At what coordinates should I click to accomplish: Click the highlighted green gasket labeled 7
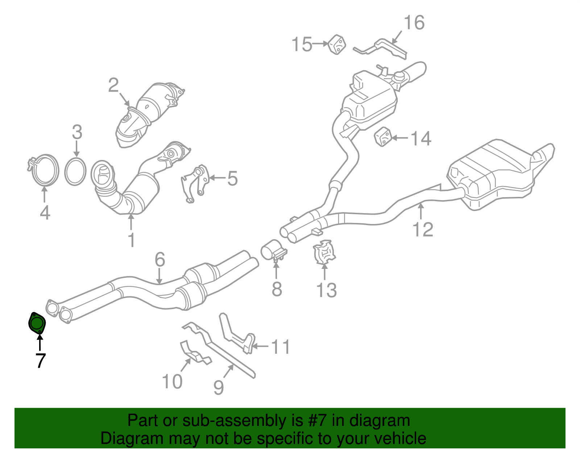coord(37,322)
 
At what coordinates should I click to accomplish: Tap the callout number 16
coord(414,23)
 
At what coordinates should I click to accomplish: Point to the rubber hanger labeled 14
coord(383,137)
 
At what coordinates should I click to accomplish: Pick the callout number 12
coord(423,229)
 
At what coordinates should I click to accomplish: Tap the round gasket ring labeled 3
coord(75,171)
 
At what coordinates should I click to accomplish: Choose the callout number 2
coord(113,85)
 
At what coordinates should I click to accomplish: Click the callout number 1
coord(132,240)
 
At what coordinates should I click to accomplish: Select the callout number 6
coord(160,259)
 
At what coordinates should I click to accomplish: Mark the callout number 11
coord(281,347)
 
